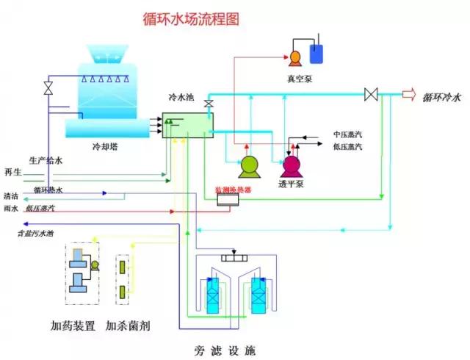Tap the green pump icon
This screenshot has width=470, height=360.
pyautogui.click(x=249, y=168)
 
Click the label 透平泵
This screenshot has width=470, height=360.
pyautogui.click(x=292, y=185)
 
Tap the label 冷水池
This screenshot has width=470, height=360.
pyautogui.click(x=183, y=96)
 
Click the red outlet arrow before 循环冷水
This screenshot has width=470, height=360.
pyautogui.click(x=409, y=94)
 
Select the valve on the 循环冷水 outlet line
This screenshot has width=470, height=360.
pyautogui.click(x=371, y=94)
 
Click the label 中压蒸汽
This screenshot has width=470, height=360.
pyautogui.click(x=347, y=134)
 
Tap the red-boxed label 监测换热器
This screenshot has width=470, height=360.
pyautogui.click(x=233, y=190)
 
